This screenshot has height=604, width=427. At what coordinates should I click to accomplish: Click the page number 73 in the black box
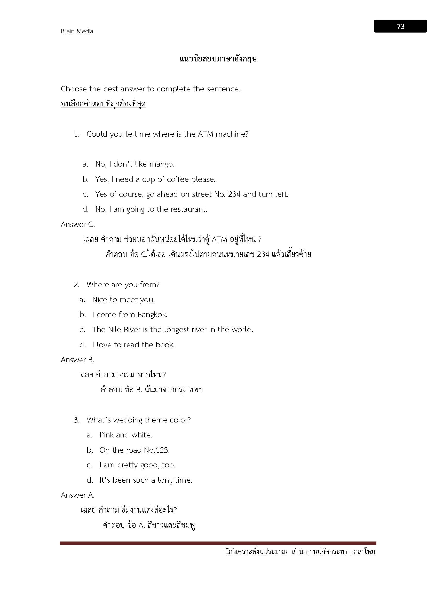[400, 26]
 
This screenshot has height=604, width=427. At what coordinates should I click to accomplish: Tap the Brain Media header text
[77, 31]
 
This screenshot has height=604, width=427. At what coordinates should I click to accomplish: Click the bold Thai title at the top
[218, 59]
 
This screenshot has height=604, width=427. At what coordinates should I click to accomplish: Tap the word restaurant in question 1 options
[188, 209]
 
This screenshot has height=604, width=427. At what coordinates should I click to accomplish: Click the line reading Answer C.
[78, 224]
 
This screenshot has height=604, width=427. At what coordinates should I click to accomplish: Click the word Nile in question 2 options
[115, 330]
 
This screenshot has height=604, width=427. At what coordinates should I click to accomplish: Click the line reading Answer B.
[77, 360]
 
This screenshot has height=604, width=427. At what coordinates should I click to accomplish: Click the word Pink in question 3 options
[106, 435]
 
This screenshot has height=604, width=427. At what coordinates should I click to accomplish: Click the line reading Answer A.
[77, 495]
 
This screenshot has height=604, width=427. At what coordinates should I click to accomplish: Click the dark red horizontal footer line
[218, 543]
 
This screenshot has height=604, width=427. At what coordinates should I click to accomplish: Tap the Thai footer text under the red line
[300, 552]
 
